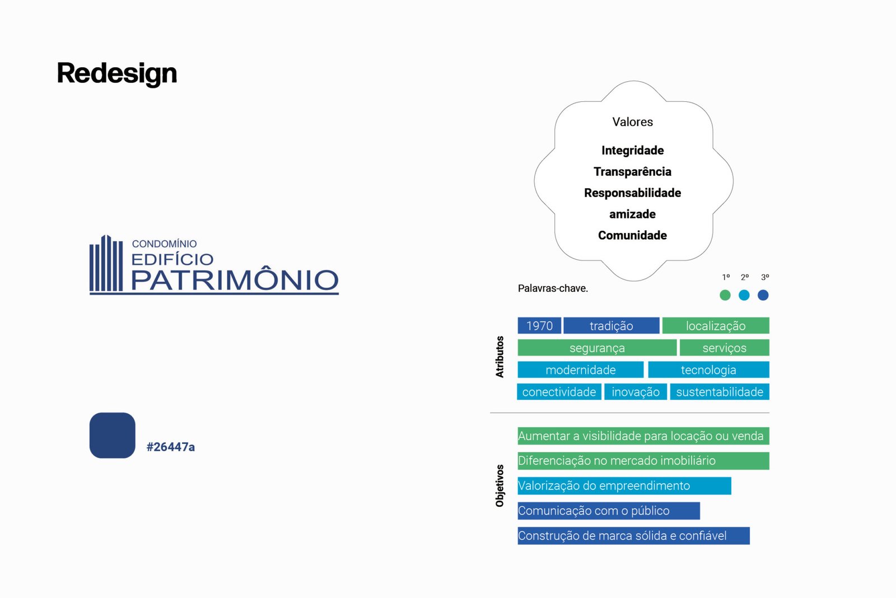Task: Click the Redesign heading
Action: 117,73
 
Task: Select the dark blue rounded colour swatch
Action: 113,435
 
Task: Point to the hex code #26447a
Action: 171,447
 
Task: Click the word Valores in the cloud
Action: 632,122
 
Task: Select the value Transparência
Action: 632,171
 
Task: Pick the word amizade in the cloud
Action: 632,214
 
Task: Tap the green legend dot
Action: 725,295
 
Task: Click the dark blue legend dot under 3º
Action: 763,295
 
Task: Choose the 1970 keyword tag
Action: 539,326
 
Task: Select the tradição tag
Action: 611,326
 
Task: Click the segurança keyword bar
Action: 597,348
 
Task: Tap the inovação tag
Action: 636,391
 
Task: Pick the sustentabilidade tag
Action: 720,391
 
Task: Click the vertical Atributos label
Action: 500,357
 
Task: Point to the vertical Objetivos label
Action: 500,485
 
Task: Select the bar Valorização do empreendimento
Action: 624,485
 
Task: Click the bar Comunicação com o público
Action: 609,511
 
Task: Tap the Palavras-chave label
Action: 553,288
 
